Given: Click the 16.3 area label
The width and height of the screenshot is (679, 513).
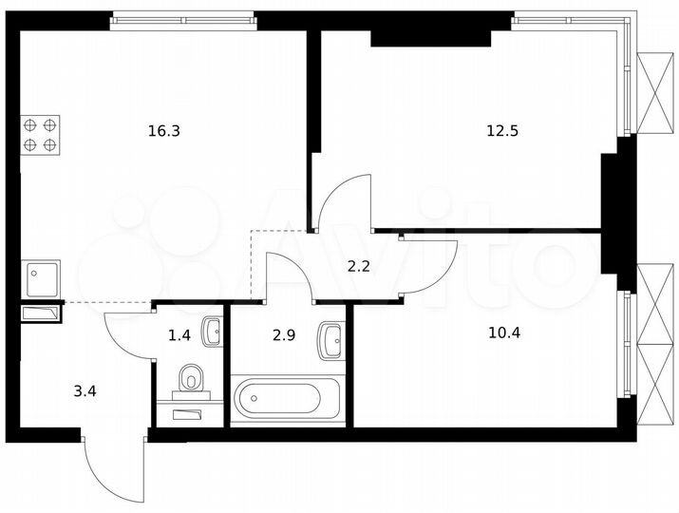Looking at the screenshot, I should point(163,131).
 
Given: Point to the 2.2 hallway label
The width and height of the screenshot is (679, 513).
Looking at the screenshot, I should point(358,267).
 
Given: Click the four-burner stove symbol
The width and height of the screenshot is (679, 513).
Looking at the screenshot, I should point(40,134).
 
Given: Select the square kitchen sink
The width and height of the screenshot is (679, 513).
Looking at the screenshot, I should point(41,278).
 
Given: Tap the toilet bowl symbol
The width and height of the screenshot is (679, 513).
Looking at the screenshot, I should point(193,379).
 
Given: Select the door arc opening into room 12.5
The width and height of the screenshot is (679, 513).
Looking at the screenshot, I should point(342,201).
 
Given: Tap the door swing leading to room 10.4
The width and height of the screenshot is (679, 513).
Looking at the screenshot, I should point(429,267).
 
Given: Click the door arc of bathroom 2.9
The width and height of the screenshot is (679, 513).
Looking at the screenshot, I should point(290,276).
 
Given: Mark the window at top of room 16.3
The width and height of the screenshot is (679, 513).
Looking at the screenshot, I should point(183,21).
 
